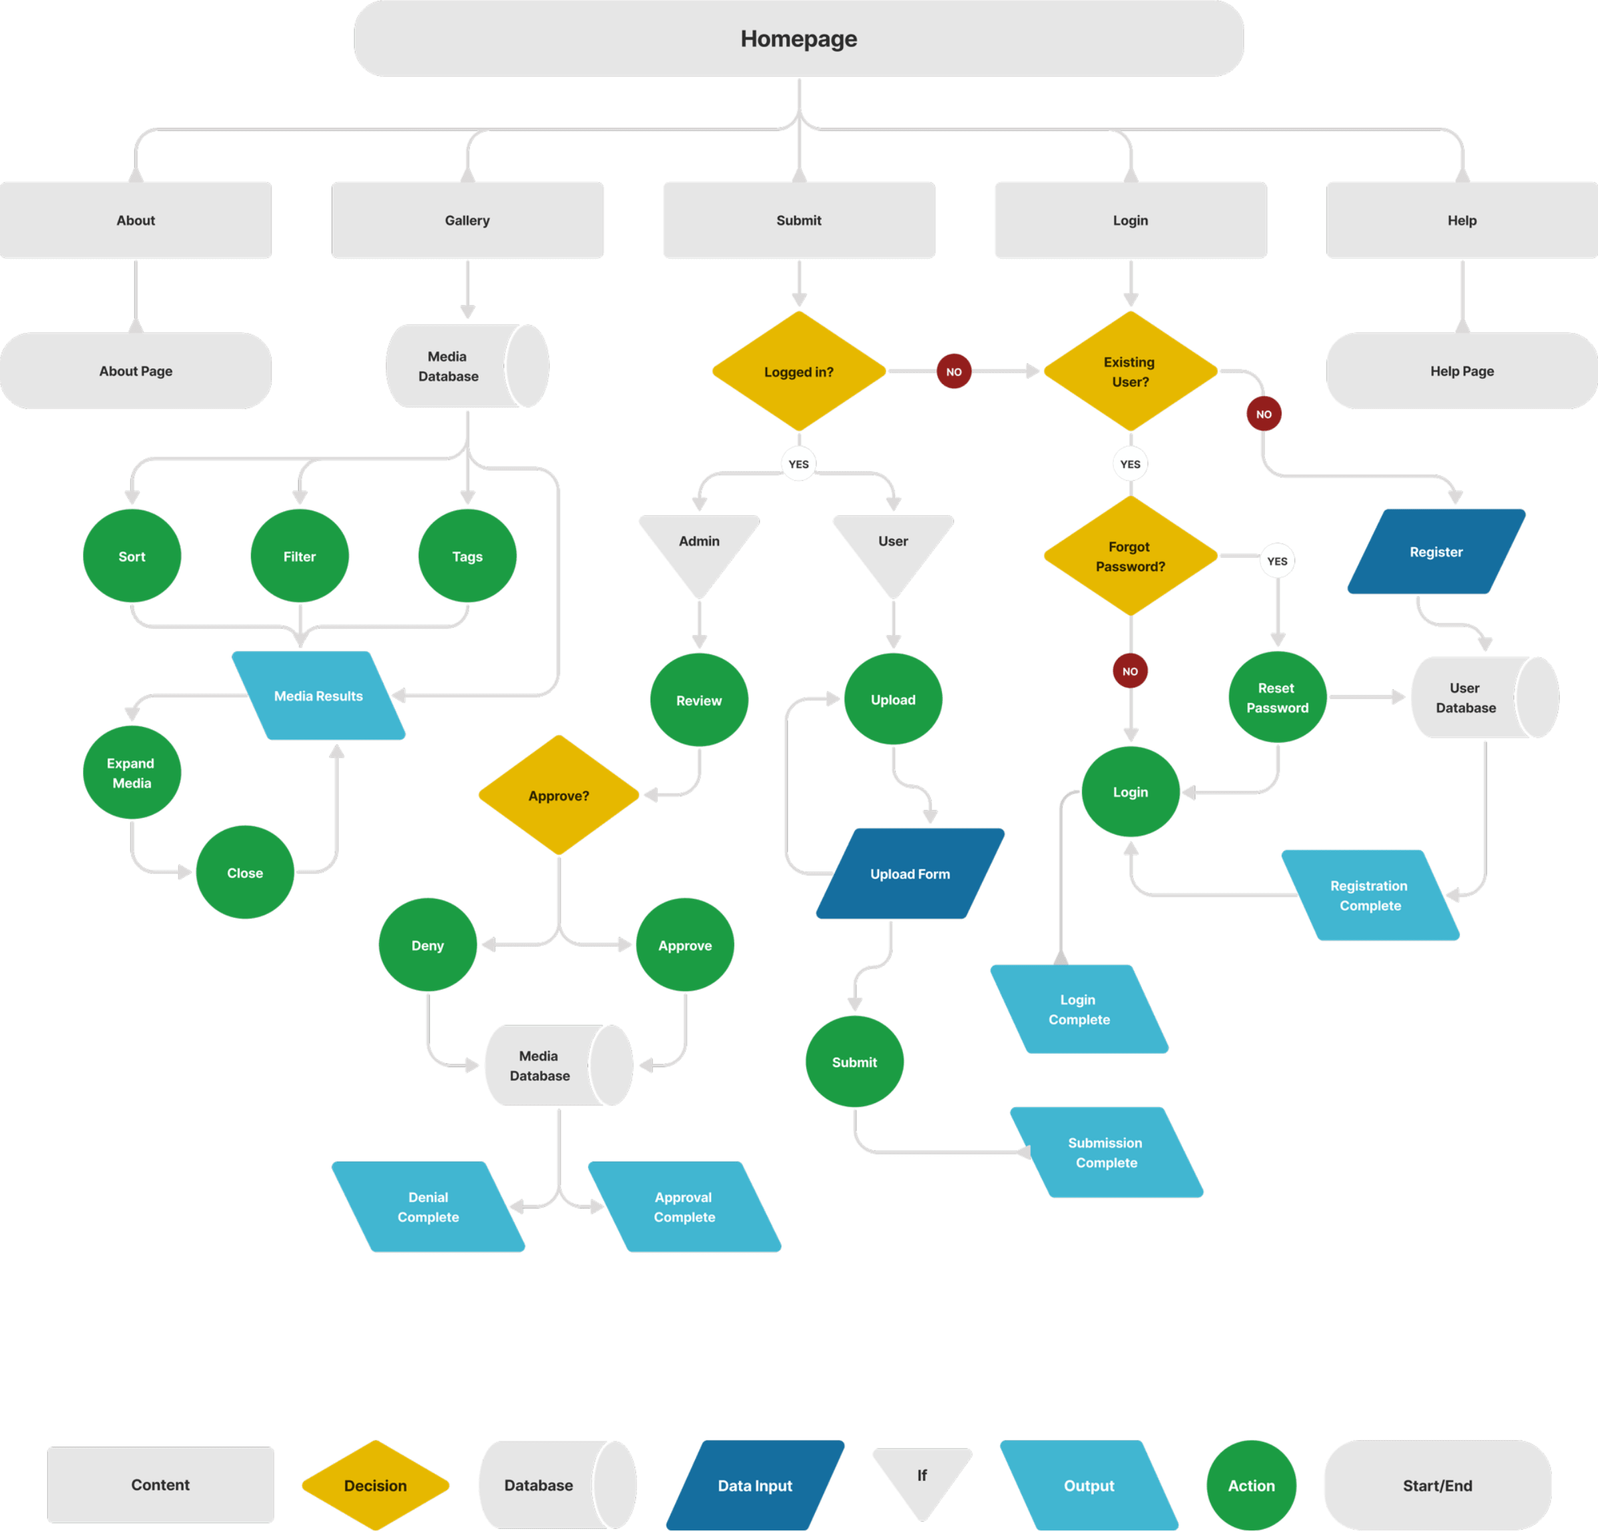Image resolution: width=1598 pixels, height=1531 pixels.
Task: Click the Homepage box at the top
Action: coord(798,39)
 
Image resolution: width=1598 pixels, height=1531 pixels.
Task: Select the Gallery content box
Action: coord(467,220)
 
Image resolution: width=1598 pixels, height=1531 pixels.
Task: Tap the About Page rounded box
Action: coord(135,371)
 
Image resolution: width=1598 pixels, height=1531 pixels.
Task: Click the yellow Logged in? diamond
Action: coord(798,371)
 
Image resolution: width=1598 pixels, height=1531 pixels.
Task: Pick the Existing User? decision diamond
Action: coord(1130,371)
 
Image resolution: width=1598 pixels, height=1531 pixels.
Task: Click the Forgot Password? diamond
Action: coord(1130,556)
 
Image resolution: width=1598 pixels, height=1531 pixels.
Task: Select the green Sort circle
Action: coord(132,556)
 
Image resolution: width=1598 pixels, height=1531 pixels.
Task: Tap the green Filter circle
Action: coord(299,556)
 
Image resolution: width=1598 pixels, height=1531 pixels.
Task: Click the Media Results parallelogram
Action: coord(318,696)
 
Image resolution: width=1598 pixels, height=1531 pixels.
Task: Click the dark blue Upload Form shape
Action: coord(910,873)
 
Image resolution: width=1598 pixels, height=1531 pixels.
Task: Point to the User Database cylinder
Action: coord(1475,698)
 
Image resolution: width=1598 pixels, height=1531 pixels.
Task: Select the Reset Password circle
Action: coord(1277,698)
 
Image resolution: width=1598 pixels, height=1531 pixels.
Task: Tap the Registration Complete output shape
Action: coord(1370,895)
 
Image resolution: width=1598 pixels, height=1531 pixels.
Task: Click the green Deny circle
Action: coord(427,945)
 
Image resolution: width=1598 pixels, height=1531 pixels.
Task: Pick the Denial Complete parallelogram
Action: coord(428,1207)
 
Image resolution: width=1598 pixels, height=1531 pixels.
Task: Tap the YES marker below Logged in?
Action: coord(798,464)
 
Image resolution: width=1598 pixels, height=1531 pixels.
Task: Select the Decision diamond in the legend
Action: coord(375,1485)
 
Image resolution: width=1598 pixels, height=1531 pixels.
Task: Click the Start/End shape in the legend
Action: coord(1438,1485)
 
